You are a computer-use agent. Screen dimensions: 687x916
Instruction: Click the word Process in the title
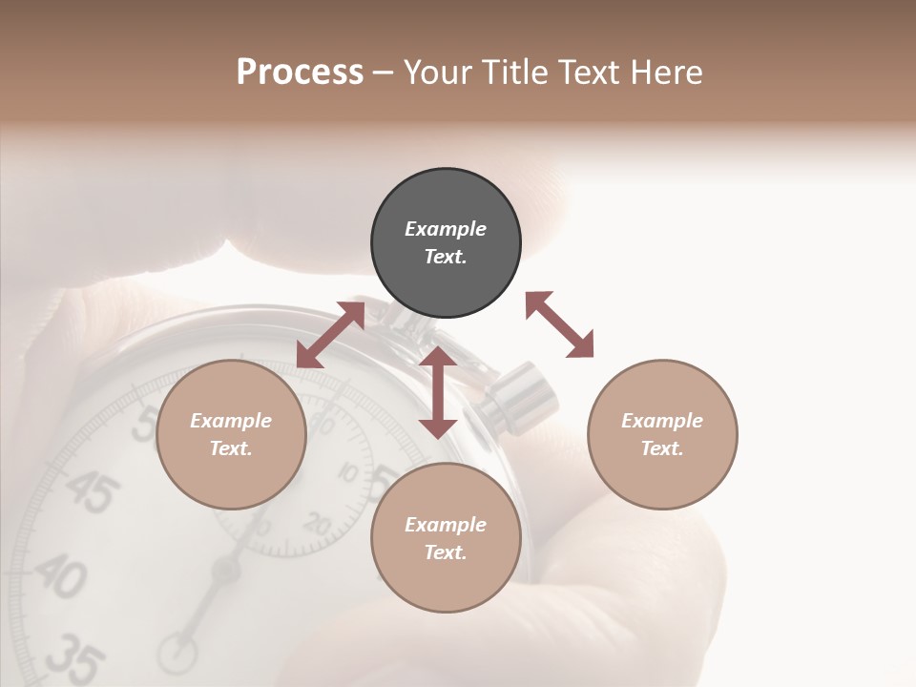(300, 73)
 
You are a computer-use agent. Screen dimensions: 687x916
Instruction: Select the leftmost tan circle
(231, 434)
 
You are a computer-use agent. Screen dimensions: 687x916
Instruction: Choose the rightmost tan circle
(662, 434)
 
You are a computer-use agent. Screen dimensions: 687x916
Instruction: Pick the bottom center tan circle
(446, 538)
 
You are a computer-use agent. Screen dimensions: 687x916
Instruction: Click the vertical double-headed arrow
(438, 392)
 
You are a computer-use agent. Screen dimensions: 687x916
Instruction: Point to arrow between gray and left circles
(330, 335)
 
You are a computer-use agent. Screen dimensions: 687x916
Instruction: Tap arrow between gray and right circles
(559, 324)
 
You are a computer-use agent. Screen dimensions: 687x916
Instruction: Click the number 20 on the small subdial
(317, 523)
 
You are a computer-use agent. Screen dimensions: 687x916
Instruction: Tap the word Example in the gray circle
(446, 229)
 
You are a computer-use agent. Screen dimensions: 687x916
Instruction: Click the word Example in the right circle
(662, 421)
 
